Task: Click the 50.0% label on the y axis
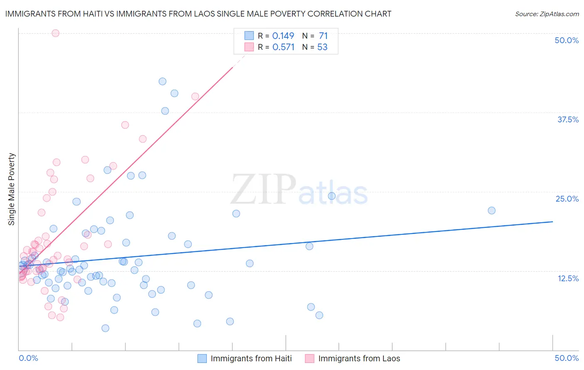pyautogui.click(x=567, y=40)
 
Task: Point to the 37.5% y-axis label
pyautogui.click(x=568, y=119)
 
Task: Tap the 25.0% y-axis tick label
pyautogui.click(x=567, y=199)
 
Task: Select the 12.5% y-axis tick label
pyautogui.click(x=568, y=278)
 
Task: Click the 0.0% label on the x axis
pyautogui.click(x=28, y=358)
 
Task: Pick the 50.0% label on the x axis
pyautogui.click(x=567, y=358)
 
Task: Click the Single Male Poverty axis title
pyautogui.click(x=12, y=189)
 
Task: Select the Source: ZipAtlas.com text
pyautogui.click(x=547, y=14)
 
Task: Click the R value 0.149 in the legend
pyautogui.click(x=283, y=36)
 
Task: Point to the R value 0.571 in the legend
pyautogui.click(x=283, y=47)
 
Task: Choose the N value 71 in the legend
pyautogui.click(x=323, y=36)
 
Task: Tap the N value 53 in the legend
pyautogui.click(x=322, y=47)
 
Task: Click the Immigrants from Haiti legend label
pyautogui.click(x=251, y=358)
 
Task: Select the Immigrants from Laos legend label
pyautogui.click(x=359, y=358)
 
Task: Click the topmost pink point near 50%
pyautogui.click(x=55, y=33)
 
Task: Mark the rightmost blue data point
pyautogui.click(x=491, y=210)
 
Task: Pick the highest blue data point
pyautogui.click(x=162, y=81)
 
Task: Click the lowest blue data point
pyautogui.click(x=106, y=328)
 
